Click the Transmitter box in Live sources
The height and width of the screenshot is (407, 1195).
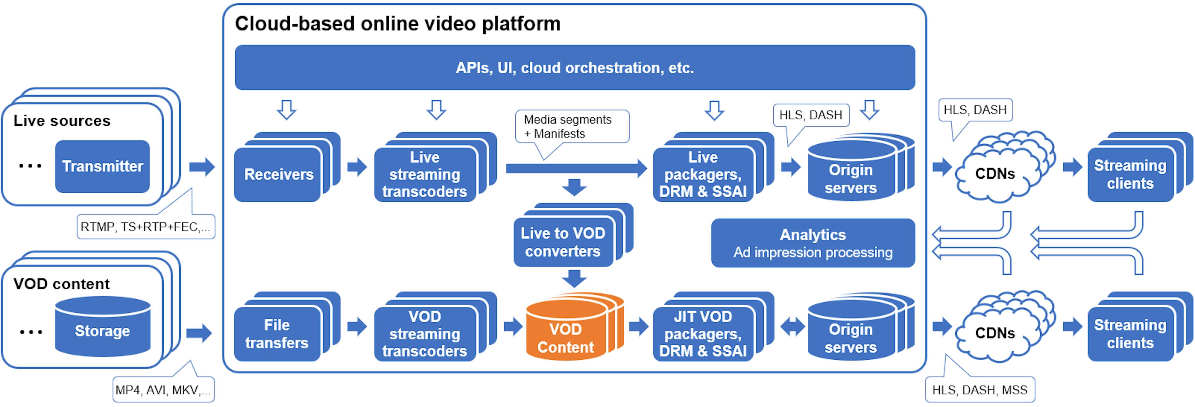[102, 166]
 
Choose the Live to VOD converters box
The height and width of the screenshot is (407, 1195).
[563, 242]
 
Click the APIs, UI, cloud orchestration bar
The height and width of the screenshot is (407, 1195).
[574, 68]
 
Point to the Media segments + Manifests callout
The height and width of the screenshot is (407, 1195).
[572, 127]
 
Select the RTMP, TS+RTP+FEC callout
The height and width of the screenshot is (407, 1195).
[146, 227]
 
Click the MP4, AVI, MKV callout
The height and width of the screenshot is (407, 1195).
[163, 390]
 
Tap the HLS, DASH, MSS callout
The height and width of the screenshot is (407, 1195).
[980, 390]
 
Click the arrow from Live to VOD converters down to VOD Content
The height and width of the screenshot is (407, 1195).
[574, 279]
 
